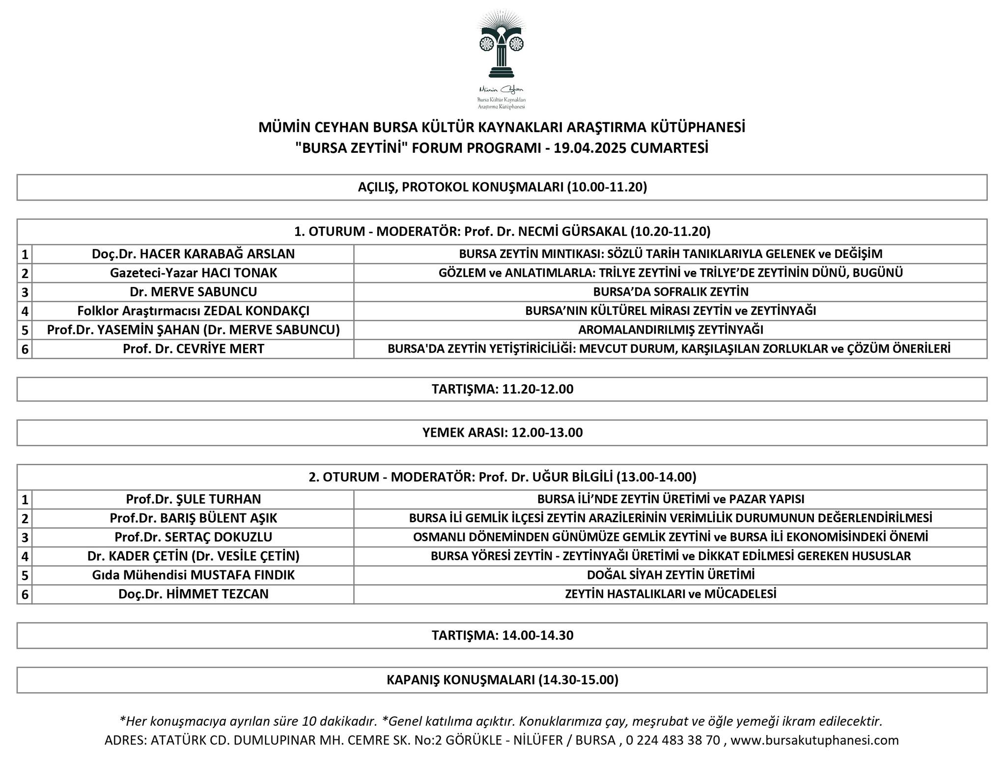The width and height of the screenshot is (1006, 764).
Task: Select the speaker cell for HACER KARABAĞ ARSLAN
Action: coord(193,254)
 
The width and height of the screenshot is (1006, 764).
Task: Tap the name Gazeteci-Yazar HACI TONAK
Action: coord(193,273)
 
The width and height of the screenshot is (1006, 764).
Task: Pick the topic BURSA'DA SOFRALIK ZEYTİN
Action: coord(671,292)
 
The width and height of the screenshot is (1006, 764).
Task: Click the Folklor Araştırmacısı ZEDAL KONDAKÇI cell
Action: coord(193,311)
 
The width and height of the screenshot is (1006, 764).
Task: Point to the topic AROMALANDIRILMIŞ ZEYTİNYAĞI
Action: coord(671,330)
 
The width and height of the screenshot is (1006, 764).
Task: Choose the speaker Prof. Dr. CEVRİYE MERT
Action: coord(193,349)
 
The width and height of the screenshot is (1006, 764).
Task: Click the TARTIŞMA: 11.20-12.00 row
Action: coord(502,389)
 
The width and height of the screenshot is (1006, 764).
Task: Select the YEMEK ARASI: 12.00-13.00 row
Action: coord(502,432)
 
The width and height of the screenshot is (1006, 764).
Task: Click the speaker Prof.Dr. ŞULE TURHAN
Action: coord(193,499)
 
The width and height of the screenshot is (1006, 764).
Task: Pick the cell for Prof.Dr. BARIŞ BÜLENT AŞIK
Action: coord(193,518)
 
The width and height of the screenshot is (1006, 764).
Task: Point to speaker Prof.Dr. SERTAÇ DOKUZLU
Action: coord(193,537)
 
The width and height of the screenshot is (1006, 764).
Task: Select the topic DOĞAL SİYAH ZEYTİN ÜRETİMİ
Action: coord(671,575)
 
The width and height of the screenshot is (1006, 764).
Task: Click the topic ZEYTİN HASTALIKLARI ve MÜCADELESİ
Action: coord(671,594)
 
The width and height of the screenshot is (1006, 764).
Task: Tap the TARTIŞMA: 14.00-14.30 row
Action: coord(502,635)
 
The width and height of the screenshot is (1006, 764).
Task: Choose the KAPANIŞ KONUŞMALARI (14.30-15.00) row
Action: coord(502,680)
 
